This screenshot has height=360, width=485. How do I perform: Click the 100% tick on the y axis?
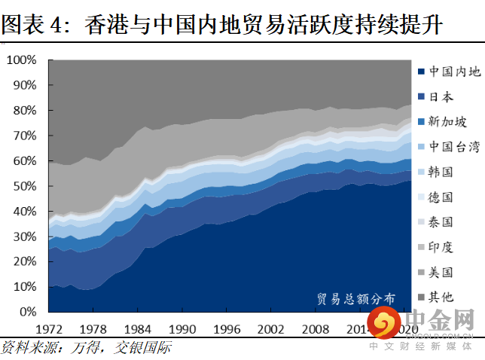[21, 59]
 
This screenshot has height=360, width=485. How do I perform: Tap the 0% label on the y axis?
[27, 312]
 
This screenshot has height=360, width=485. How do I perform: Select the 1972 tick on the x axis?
[49, 329]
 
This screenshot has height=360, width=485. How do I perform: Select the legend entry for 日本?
[441, 97]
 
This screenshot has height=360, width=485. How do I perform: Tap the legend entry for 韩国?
[441, 172]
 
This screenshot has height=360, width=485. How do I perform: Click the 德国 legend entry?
[441, 197]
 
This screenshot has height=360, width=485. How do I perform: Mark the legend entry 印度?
[441, 246]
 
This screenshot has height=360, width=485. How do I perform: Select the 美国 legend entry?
[441, 271]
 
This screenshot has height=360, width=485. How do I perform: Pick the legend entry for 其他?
[441, 296]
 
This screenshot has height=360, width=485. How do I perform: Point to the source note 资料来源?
[86, 348]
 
